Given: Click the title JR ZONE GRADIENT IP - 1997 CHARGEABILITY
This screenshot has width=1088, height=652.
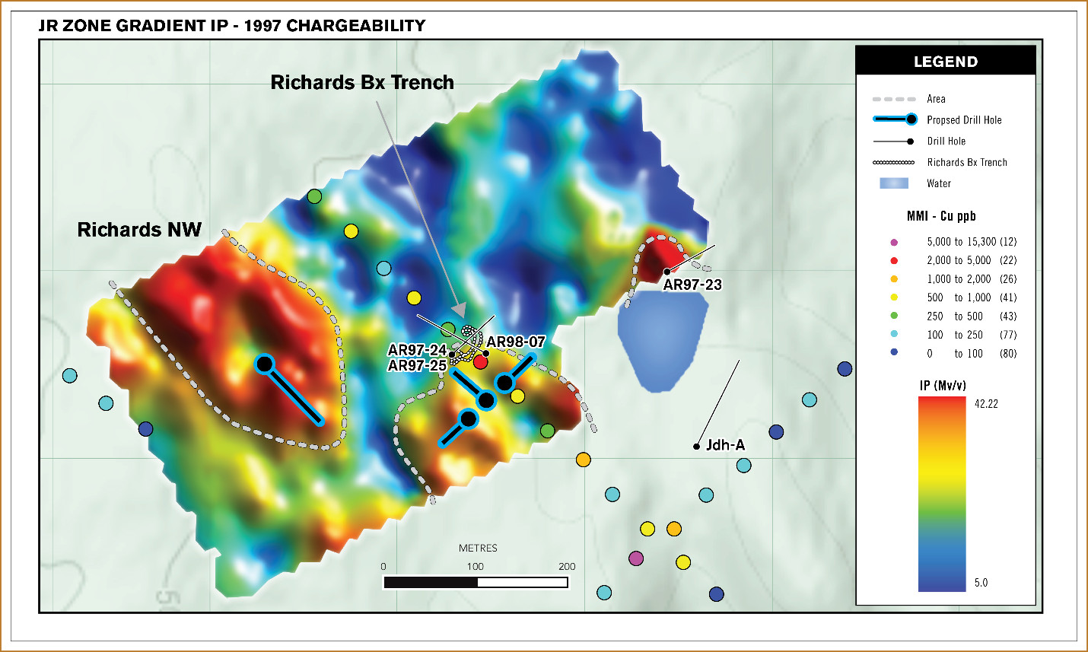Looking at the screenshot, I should (x=232, y=26).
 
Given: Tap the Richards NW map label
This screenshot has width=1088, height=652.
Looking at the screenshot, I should (x=139, y=230).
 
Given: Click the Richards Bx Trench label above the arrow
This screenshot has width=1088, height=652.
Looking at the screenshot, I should (x=362, y=82).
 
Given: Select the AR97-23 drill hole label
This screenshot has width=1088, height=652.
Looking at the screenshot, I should (x=692, y=285).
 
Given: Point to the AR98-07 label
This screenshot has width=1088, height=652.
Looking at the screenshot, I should (x=516, y=342).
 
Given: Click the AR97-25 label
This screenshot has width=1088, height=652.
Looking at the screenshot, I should (x=417, y=366).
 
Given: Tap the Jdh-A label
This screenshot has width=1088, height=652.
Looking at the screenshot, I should (x=725, y=445).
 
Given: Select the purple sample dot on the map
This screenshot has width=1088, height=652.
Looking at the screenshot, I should (x=636, y=558).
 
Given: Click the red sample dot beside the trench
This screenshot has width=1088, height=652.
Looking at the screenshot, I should (x=480, y=362).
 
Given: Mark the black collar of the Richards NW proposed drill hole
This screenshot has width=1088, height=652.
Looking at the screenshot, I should (x=264, y=364).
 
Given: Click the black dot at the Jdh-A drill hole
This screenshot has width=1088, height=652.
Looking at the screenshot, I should (x=696, y=447).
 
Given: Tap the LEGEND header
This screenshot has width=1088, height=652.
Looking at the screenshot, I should (x=946, y=62).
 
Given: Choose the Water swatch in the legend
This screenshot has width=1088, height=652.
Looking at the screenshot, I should (x=894, y=183).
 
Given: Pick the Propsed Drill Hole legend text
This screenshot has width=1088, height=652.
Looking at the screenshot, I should (x=964, y=120).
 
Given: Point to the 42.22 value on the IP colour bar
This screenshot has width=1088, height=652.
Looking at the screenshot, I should (x=986, y=404).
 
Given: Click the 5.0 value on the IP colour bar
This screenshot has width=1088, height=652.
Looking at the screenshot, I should (x=981, y=583).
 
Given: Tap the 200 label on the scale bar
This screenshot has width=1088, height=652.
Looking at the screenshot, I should (x=567, y=567).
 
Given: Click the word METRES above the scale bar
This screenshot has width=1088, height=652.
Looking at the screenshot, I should (x=478, y=548).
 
